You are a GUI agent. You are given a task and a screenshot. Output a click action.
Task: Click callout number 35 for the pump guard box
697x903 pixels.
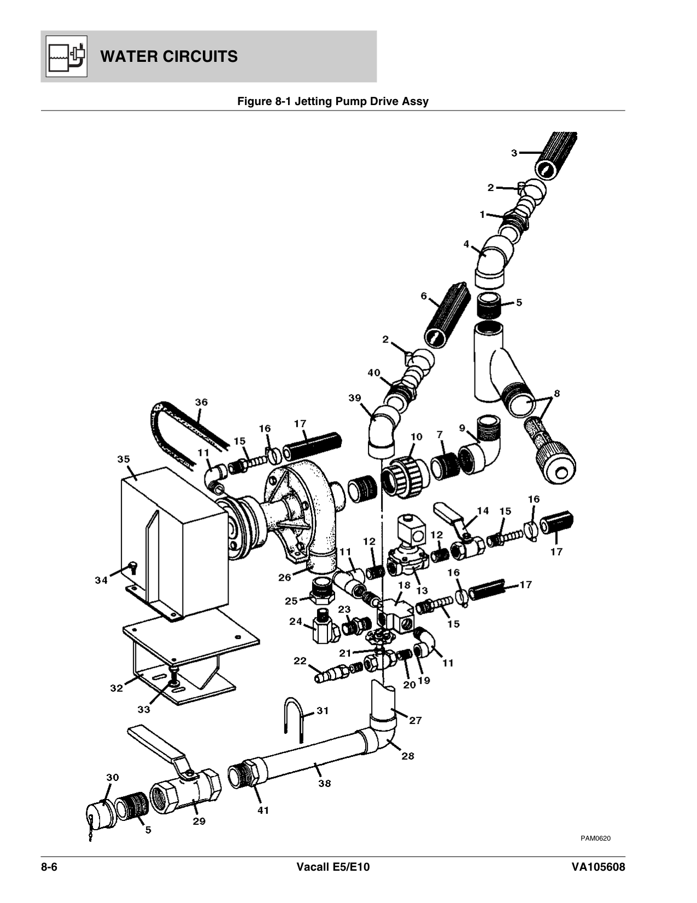[x=124, y=459]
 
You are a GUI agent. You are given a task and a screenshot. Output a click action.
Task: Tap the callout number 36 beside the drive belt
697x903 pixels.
[x=201, y=402]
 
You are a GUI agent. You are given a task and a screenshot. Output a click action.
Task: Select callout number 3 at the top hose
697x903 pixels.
[x=514, y=153]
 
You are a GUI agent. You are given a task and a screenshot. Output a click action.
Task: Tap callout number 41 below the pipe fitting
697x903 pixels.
[x=263, y=811]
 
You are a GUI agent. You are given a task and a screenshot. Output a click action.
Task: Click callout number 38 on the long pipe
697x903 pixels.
[x=325, y=783]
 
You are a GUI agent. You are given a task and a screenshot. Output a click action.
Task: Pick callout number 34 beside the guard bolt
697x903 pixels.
[x=101, y=580]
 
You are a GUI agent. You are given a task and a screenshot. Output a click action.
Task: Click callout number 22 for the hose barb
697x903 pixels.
[x=300, y=661]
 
